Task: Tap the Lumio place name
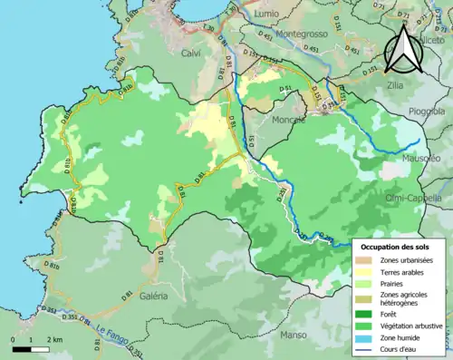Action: click(266, 15)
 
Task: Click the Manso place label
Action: click(294, 335)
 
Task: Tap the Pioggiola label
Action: click(424, 111)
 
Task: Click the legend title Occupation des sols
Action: click(397, 247)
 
